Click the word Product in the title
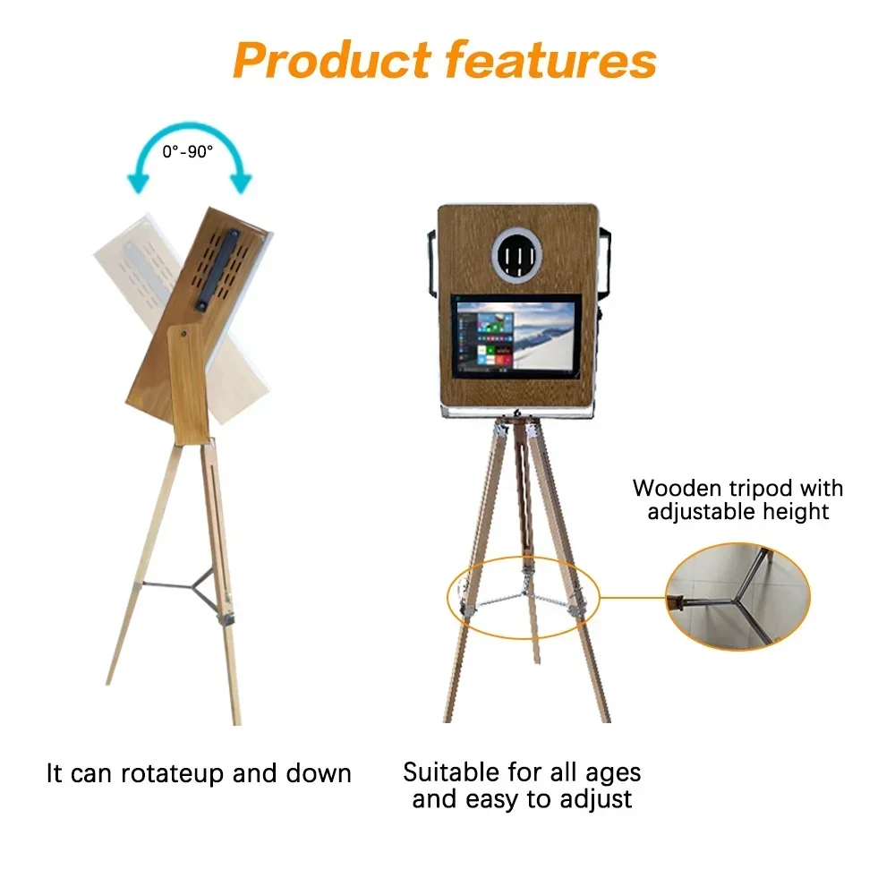pyautogui.click(x=331, y=60)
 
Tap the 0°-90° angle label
pyautogui.click(x=188, y=151)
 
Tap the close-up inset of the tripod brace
pyautogui.click(x=737, y=595)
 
